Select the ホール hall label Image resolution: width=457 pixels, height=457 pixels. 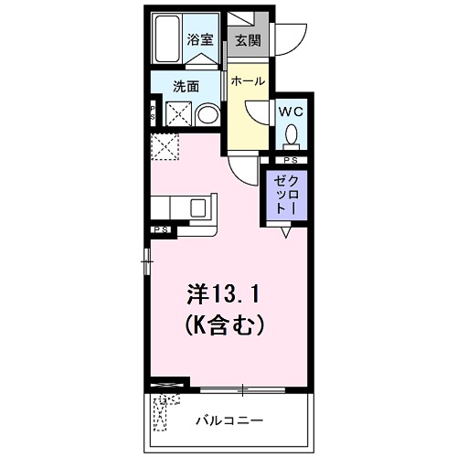[x=248, y=81]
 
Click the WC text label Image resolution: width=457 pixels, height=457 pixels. [x=292, y=111]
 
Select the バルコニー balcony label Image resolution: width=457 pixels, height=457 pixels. [x=229, y=421]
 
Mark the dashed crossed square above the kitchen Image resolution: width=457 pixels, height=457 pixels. [x=166, y=145]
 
